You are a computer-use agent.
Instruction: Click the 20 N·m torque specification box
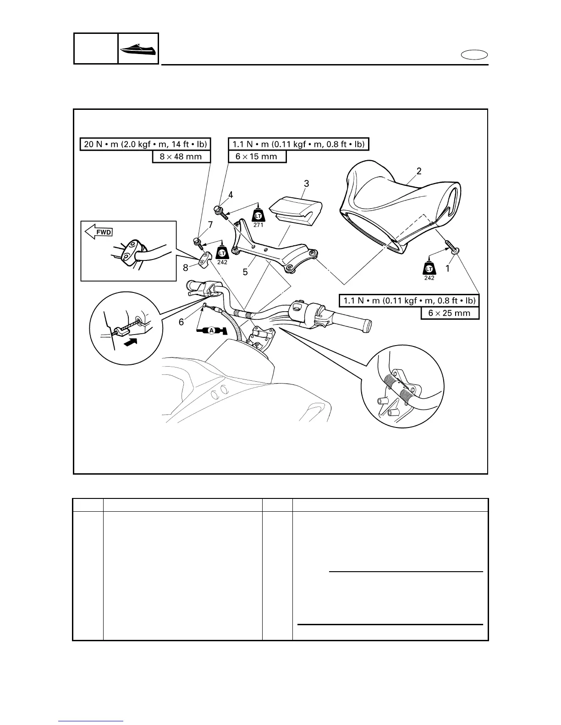click(x=145, y=144)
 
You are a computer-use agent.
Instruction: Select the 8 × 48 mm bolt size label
click(x=181, y=157)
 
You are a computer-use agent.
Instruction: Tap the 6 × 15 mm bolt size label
click(x=257, y=157)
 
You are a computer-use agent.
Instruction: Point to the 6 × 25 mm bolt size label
click(x=450, y=313)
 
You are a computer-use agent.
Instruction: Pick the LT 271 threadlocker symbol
click(x=258, y=215)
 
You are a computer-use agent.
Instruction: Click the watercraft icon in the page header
click(x=138, y=48)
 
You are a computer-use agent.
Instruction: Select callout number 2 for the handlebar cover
click(x=419, y=171)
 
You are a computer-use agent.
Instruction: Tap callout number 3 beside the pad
click(x=307, y=184)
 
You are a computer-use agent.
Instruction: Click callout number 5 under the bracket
click(x=245, y=272)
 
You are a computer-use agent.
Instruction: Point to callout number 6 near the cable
click(x=181, y=322)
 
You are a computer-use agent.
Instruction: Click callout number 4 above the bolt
click(x=231, y=195)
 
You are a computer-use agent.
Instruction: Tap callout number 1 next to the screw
click(x=448, y=269)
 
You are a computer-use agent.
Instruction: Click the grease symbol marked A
click(x=211, y=331)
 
